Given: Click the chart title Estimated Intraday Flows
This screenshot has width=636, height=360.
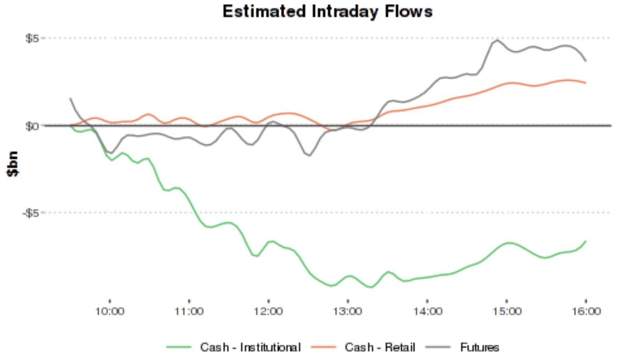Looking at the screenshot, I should [327, 11].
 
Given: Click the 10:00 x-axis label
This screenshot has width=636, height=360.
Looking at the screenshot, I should [110, 311].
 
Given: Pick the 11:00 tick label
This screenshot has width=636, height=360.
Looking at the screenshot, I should [189, 311].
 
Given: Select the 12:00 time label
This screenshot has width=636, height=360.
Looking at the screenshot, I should [269, 311].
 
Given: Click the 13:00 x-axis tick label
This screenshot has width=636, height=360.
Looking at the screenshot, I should [348, 311].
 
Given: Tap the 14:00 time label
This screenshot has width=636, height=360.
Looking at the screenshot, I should [427, 311].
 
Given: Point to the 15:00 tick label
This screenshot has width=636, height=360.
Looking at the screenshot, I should [506, 311].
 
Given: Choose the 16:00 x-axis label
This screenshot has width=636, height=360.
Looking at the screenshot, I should [586, 311].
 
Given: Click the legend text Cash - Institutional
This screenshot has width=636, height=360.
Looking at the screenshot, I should [251, 347].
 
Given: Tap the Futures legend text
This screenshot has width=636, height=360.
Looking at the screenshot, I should [479, 347].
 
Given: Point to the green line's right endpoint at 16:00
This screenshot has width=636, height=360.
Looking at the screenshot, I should [586, 241].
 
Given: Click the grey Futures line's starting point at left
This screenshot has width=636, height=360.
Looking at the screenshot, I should [70, 98].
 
